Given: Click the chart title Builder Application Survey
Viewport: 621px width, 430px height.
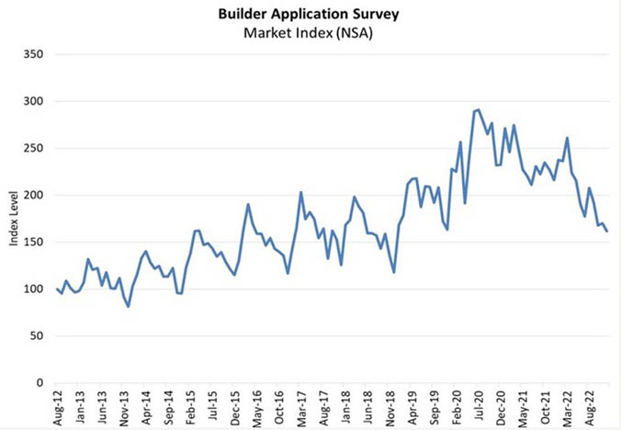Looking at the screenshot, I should click(x=310, y=15).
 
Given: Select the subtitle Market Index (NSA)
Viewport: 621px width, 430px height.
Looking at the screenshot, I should click(x=310, y=33).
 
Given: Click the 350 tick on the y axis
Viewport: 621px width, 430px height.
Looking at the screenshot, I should click(x=33, y=54).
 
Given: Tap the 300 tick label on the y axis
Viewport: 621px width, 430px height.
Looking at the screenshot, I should click(x=33, y=101).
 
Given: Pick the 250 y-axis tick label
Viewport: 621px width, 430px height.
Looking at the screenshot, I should click(x=33, y=148).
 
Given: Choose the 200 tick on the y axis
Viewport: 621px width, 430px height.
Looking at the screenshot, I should click(x=33, y=196).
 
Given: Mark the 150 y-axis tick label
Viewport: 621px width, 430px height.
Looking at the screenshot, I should click(x=33, y=243).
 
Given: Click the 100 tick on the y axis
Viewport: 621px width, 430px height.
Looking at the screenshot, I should click(x=33, y=289).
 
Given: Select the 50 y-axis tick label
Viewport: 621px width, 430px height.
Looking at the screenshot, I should click(x=36, y=336).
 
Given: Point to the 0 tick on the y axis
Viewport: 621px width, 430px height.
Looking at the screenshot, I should click(x=39, y=383).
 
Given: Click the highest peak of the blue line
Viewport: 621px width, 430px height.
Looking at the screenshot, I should click(x=479, y=109).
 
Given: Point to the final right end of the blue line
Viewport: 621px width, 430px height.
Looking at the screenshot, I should click(x=606, y=231).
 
